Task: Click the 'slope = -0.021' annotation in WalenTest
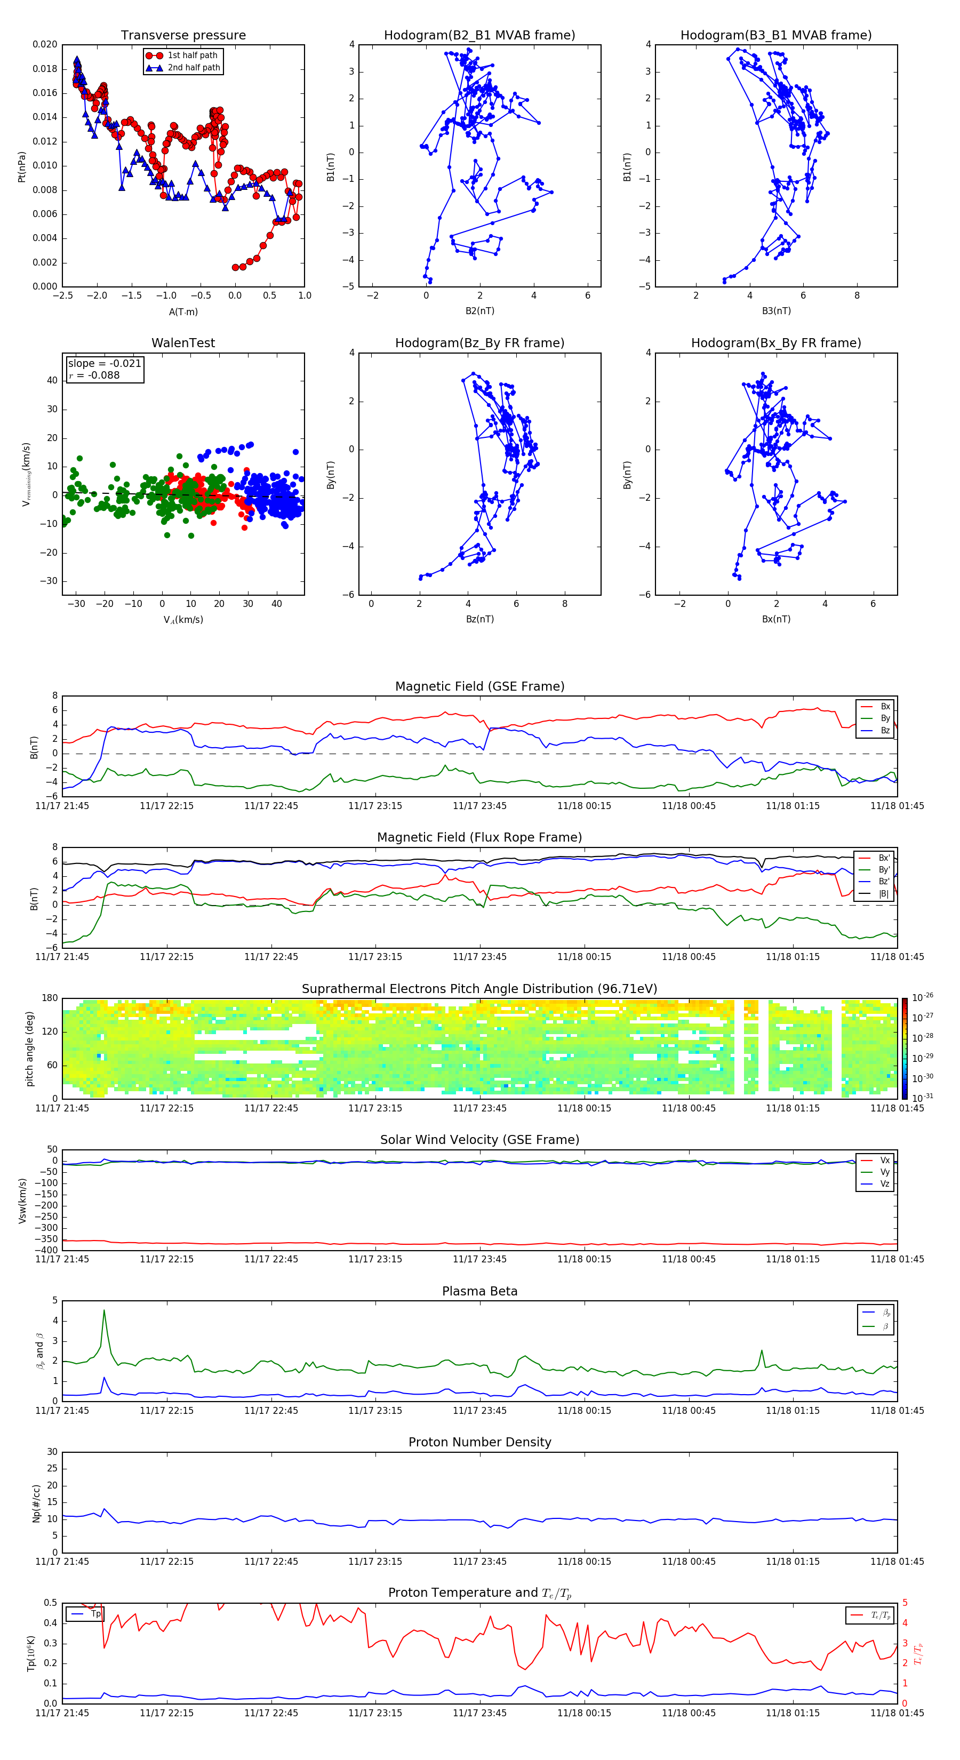[x=105, y=364]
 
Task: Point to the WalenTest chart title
[x=183, y=343]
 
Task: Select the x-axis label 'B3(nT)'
[x=776, y=311]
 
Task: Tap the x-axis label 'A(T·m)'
[x=183, y=312]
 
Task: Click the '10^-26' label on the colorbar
[x=923, y=997]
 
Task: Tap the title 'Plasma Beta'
[x=479, y=1291]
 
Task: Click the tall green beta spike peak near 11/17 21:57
[x=104, y=1310]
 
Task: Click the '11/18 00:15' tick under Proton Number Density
[x=583, y=1561]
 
